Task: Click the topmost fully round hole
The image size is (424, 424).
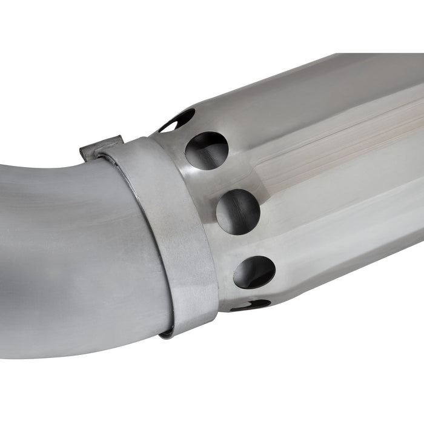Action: pos(207,150)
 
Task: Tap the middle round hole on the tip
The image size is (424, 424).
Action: pos(238,211)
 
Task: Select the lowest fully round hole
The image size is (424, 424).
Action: pos(254,272)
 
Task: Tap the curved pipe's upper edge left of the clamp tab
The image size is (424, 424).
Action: pos(42,167)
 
